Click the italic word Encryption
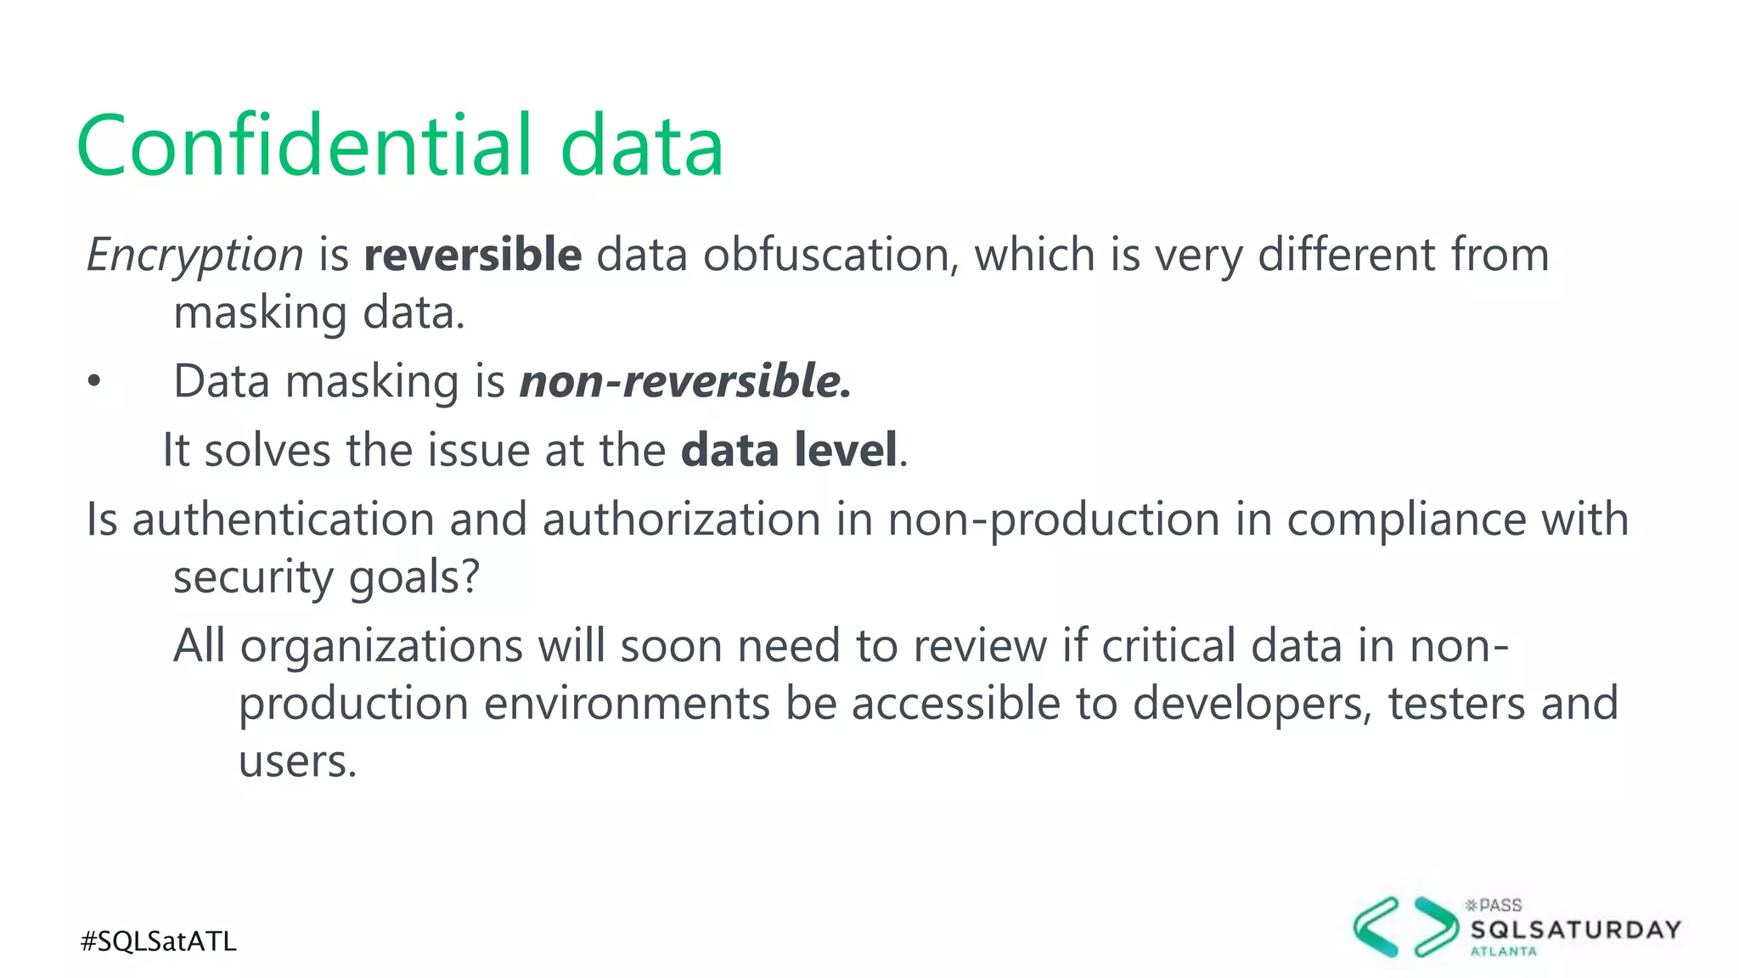click(195, 255)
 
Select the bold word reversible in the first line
click(473, 255)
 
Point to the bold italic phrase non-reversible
click(684, 380)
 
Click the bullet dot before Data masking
click(94, 382)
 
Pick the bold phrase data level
click(789, 450)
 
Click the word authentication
click(284, 519)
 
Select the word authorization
click(682, 519)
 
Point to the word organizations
click(381, 646)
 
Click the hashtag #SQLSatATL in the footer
click(159, 941)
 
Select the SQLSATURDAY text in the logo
click(1575, 930)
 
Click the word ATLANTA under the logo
click(1503, 952)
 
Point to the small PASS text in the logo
click(1500, 906)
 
